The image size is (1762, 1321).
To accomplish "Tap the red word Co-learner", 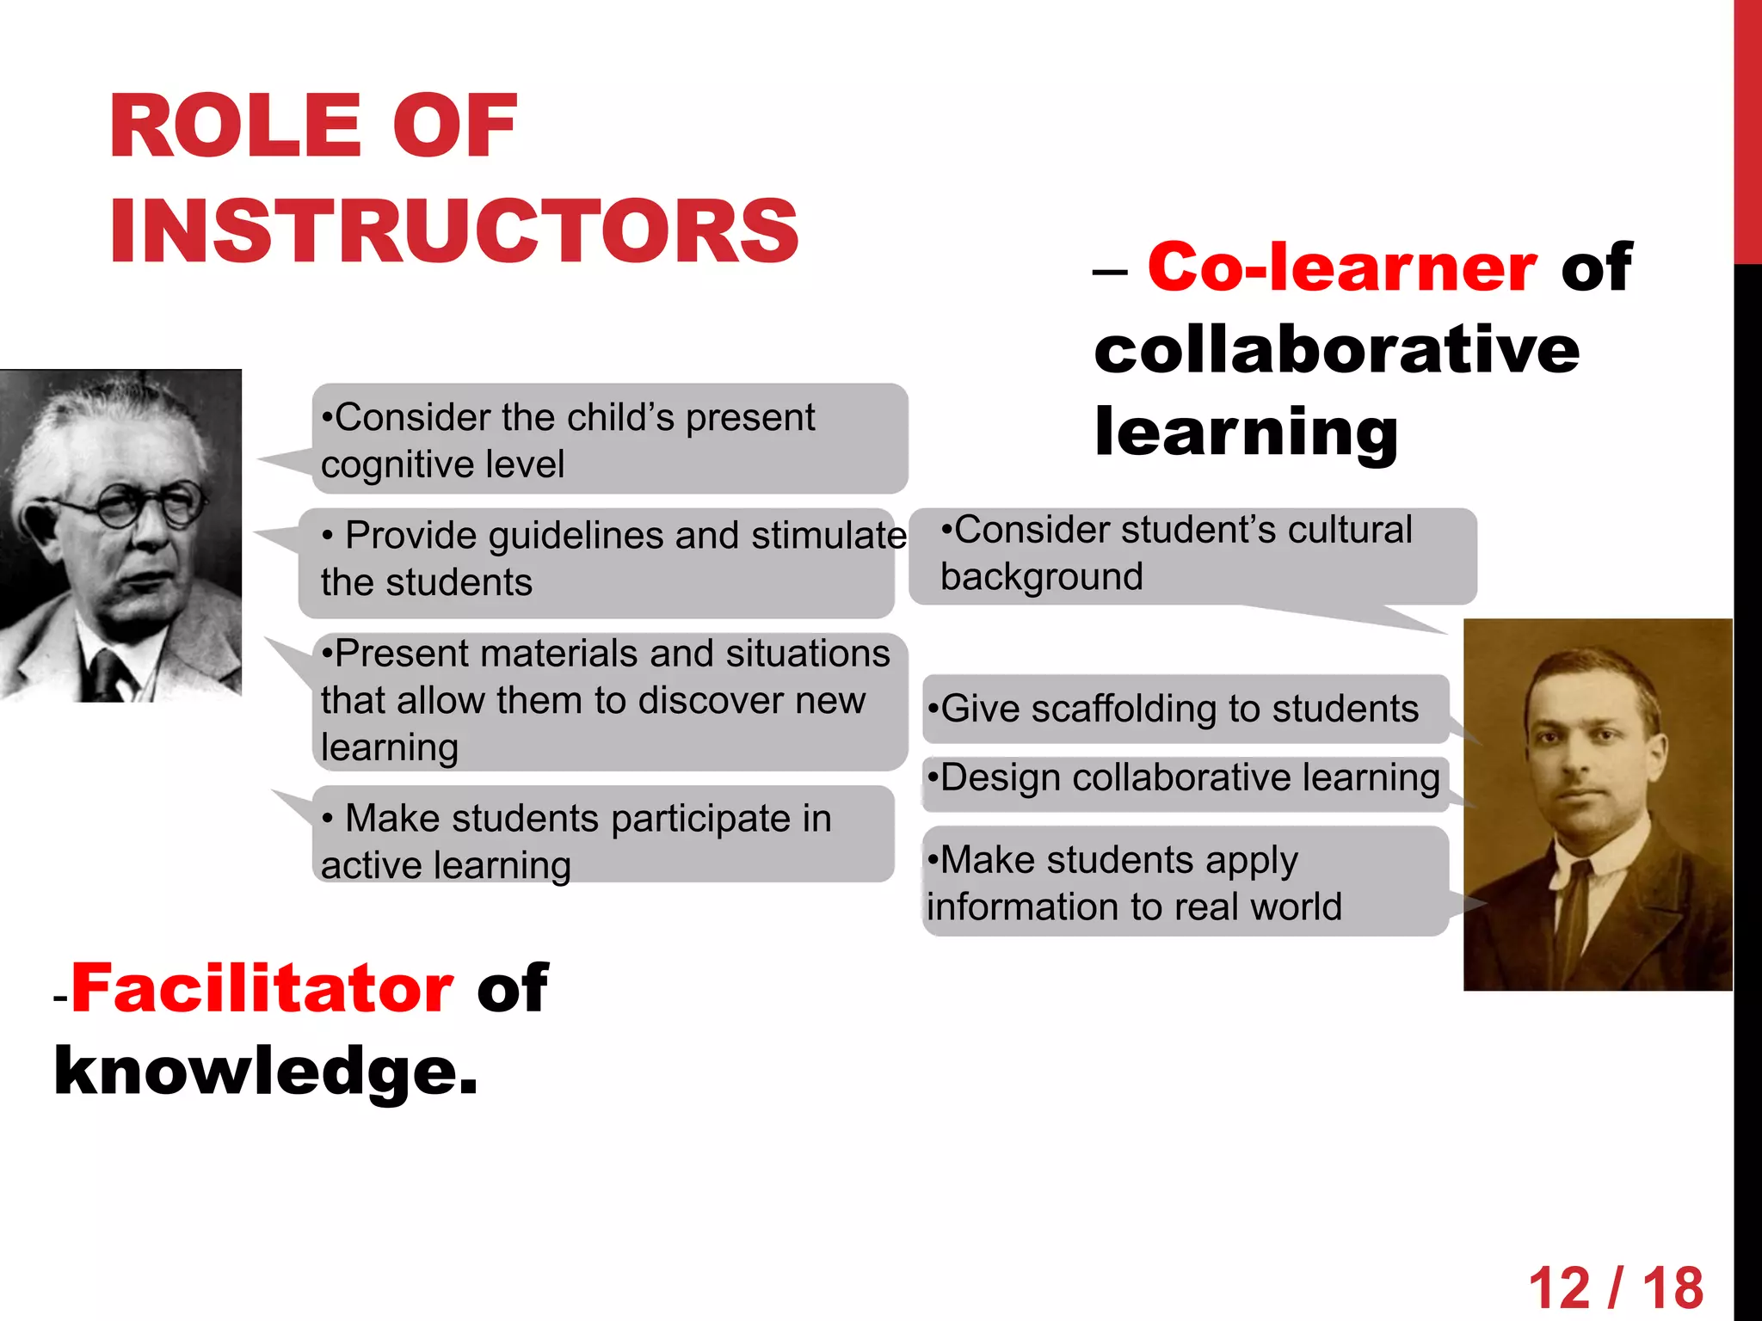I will point(1341,267).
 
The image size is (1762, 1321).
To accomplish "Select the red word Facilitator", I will point(262,988).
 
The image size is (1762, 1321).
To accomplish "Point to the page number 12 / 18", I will point(1615,1287).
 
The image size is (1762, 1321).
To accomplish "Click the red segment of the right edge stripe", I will point(1747,129).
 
